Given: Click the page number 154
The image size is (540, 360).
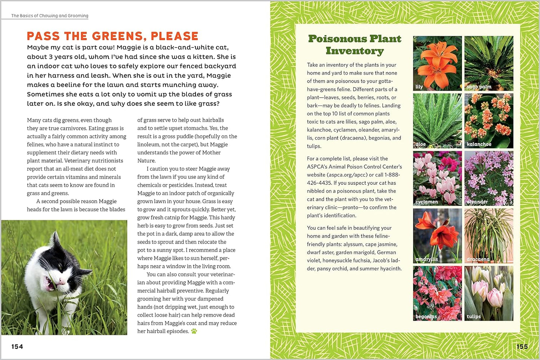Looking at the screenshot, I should pyautogui.click(x=17, y=347).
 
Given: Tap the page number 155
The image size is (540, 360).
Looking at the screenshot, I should pyautogui.click(x=522, y=347).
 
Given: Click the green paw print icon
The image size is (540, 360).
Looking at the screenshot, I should pyautogui.click(x=194, y=331).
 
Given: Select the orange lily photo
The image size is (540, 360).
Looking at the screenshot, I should pyautogui.click(x=437, y=63).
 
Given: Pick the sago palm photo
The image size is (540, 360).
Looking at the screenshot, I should pyautogui.click(x=489, y=63).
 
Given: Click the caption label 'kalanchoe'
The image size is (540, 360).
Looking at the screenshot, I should pyautogui.click(x=479, y=144).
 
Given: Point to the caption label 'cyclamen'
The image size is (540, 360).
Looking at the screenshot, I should pyautogui.click(x=427, y=202).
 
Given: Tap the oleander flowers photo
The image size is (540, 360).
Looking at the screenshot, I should pyautogui.click(x=489, y=178).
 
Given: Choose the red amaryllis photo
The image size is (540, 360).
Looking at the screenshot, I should pyautogui.click(x=437, y=236).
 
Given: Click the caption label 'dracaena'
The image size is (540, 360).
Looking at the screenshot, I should pyautogui.click(x=478, y=259).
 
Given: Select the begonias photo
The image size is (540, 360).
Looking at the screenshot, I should pyautogui.click(x=437, y=293).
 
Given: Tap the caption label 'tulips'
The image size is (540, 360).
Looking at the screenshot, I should pyautogui.click(x=473, y=317).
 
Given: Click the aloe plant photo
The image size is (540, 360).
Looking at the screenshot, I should pyautogui.click(x=437, y=121).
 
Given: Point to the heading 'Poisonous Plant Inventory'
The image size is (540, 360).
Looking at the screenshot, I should pyautogui.click(x=355, y=45).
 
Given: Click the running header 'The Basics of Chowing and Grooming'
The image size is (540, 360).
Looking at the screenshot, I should pyautogui.click(x=50, y=16).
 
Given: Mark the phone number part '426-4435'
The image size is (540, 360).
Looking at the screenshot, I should pyautogui.click(x=319, y=183).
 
